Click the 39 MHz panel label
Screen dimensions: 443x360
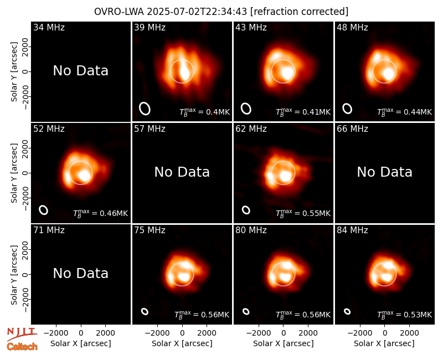coord(150,27)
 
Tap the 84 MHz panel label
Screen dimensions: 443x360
coord(352,230)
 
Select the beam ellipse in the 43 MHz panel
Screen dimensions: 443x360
coord(246,109)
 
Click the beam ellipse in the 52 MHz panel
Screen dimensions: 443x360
coord(44,210)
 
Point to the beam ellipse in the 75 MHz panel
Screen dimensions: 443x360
coord(145,311)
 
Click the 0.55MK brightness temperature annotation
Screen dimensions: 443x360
coord(303,213)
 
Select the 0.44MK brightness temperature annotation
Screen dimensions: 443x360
coord(405,112)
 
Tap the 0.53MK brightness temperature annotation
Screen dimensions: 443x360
coord(405,315)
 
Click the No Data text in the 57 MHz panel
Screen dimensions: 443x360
coord(182,172)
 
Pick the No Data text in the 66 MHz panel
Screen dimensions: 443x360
coord(384,172)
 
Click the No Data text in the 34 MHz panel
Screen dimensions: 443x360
coord(80,70)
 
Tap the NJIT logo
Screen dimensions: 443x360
coord(22,334)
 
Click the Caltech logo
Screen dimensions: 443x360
coord(22,347)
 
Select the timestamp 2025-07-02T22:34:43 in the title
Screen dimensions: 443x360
coord(197,12)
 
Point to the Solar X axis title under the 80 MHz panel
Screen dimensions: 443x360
coord(284,343)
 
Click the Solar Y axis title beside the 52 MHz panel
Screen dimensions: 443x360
coord(14,173)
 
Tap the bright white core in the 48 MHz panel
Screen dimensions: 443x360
coord(388,74)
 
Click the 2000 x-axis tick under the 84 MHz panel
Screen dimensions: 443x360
coord(409,333)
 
